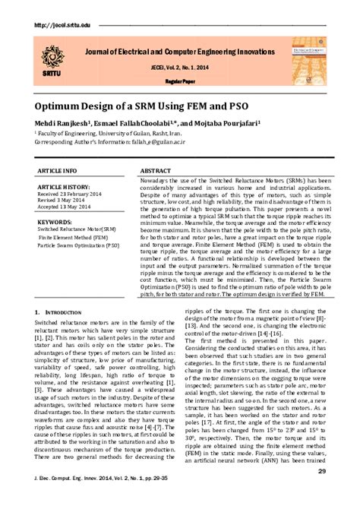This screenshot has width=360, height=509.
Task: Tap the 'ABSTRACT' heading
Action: [x=156, y=172]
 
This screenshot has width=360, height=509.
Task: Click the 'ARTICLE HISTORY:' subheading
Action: [x=65, y=187]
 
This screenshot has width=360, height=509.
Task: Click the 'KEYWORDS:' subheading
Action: [x=55, y=222]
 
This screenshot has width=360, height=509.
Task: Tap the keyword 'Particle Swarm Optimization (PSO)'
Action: [x=78, y=246]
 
